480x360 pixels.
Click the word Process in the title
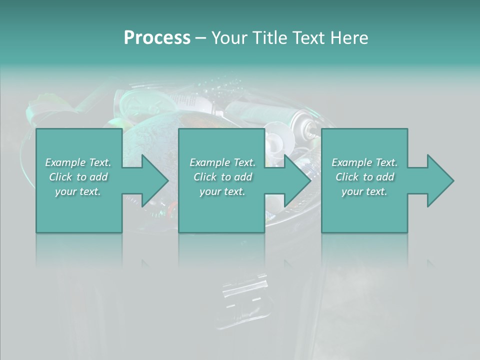(x=157, y=38)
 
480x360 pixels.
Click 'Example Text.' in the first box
(x=78, y=162)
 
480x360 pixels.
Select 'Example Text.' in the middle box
(x=222, y=162)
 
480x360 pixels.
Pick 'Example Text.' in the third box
(x=364, y=162)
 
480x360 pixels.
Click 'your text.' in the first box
(x=78, y=191)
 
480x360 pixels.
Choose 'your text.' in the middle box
(x=222, y=191)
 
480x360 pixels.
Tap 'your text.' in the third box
(x=364, y=191)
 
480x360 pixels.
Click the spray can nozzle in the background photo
(x=311, y=131)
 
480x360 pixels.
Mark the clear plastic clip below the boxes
(x=245, y=295)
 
